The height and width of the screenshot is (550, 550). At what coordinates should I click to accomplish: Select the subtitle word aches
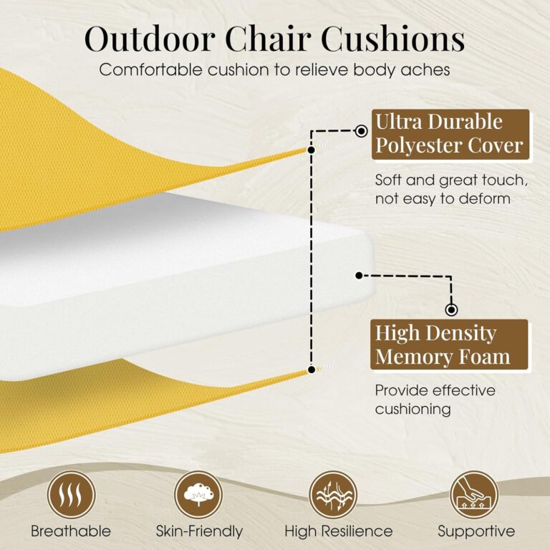point(428,70)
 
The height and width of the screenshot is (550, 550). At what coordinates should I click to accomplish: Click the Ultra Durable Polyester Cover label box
point(450,134)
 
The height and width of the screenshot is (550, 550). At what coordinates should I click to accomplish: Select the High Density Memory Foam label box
point(450,344)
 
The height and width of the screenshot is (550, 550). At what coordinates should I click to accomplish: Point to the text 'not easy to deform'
point(443,198)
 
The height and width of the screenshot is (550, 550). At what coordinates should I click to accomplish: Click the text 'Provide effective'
point(435,390)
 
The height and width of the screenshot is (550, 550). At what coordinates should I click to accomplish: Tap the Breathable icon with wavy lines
point(71,495)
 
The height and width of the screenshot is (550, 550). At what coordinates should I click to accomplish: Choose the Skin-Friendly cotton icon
point(198,495)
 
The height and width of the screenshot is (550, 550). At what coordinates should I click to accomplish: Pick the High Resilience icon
point(333,495)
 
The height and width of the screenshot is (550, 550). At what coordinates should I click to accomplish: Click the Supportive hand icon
point(474,495)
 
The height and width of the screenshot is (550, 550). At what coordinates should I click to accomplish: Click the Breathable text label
point(71,531)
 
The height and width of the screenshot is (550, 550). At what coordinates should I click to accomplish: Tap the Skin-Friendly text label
point(199,531)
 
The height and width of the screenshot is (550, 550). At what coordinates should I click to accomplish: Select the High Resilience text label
point(338,531)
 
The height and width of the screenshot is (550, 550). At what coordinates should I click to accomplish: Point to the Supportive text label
point(476,531)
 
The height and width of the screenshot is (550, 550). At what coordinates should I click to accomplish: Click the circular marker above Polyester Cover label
point(362,132)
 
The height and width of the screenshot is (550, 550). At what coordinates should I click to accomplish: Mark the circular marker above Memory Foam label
point(451,310)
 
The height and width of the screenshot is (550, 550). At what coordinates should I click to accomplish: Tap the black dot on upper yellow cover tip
point(311,150)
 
